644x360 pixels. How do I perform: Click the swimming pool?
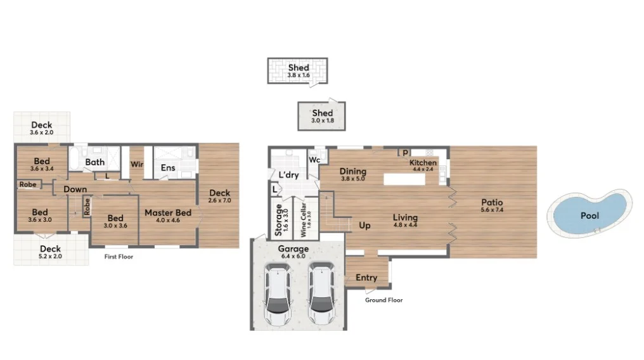[x=589, y=214]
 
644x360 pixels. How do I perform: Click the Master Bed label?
[x=168, y=213]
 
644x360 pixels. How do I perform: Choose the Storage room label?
[x=278, y=219]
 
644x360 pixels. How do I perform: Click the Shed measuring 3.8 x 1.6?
[x=299, y=71]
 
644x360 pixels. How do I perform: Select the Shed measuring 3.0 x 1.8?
[x=322, y=116]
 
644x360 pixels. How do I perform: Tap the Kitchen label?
[x=423, y=163]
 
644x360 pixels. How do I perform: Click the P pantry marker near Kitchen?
[x=404, y=153]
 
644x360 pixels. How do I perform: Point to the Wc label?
[x=313, y=160]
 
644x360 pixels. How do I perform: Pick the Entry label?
[x=366, y=278]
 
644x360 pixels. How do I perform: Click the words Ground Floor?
[x=383, y=300]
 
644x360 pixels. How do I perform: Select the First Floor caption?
[x=119, y=257]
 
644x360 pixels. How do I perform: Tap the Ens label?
[x=168, y=168]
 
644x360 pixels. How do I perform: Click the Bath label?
[x=95, y=162]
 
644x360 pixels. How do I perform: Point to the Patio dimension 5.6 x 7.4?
[x=492, y=210]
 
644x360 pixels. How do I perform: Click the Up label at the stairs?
[x=365, y=225]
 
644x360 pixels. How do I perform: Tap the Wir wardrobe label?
[x=136, y=164]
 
